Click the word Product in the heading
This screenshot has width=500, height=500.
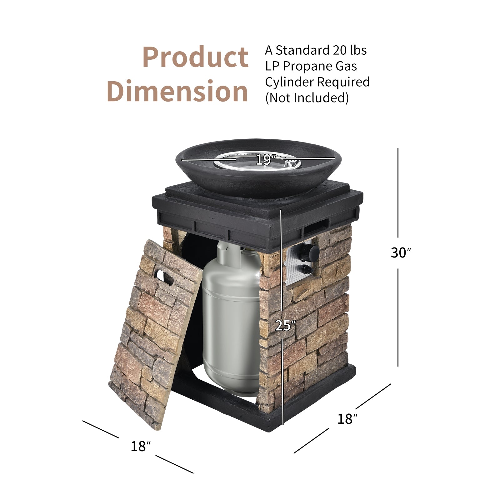(195, 57)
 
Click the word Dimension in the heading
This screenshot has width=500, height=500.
(177, 91)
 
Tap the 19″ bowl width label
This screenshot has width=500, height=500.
(265, 160)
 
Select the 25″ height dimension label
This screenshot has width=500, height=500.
(285, 326)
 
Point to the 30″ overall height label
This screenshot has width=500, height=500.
(401, 252)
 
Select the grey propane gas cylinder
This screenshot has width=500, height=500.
(231, 319)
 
